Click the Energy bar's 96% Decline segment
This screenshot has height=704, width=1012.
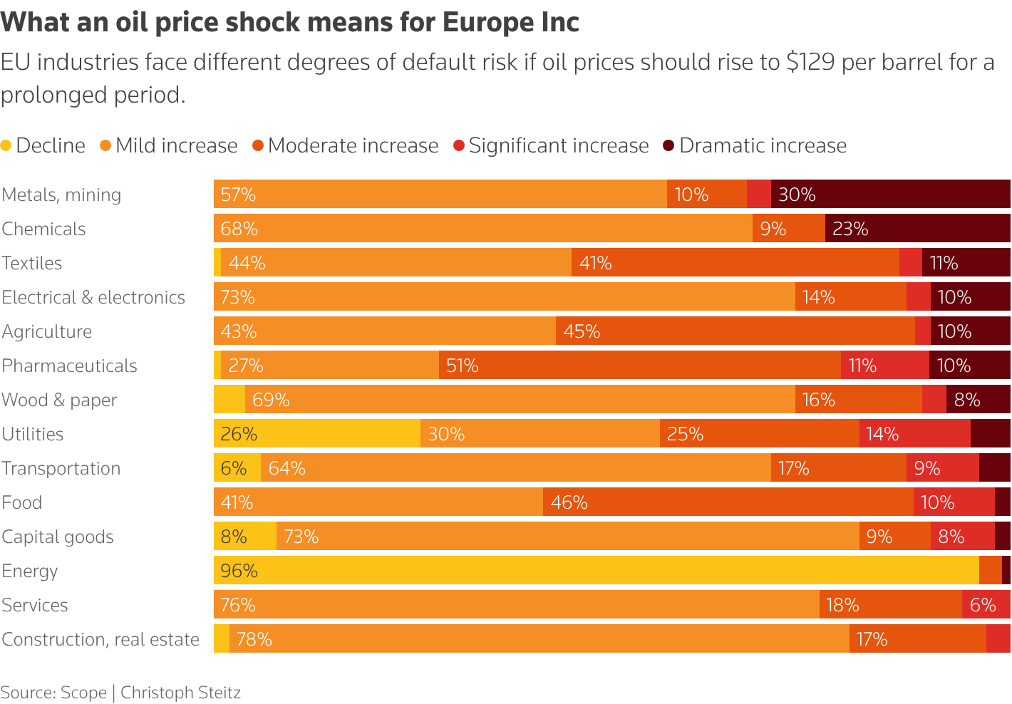(596, 570)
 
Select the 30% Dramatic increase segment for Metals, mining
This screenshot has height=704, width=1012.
(890, 194)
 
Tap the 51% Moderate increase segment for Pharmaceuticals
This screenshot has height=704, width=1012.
(639, 365)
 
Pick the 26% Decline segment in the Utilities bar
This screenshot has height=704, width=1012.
(316, 433)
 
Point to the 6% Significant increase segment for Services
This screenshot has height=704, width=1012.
(986, 604)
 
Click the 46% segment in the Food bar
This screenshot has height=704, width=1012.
(728, 502)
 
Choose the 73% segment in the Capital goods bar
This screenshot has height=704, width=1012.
(567, 536)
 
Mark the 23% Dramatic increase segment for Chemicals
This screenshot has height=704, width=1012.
(917, 228)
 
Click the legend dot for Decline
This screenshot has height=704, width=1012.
(6, 146)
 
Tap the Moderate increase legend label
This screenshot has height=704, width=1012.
(353, 146)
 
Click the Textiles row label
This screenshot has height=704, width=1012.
(32, 263)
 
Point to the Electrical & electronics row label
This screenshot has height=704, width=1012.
(93, 297)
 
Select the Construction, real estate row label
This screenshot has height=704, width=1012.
(100, 639)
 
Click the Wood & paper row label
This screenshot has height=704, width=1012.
(59, 400)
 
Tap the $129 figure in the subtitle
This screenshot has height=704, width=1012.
(810, 63)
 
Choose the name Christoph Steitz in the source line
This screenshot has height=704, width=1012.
(180, 693)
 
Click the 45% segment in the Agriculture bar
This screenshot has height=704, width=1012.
(735, 331)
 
